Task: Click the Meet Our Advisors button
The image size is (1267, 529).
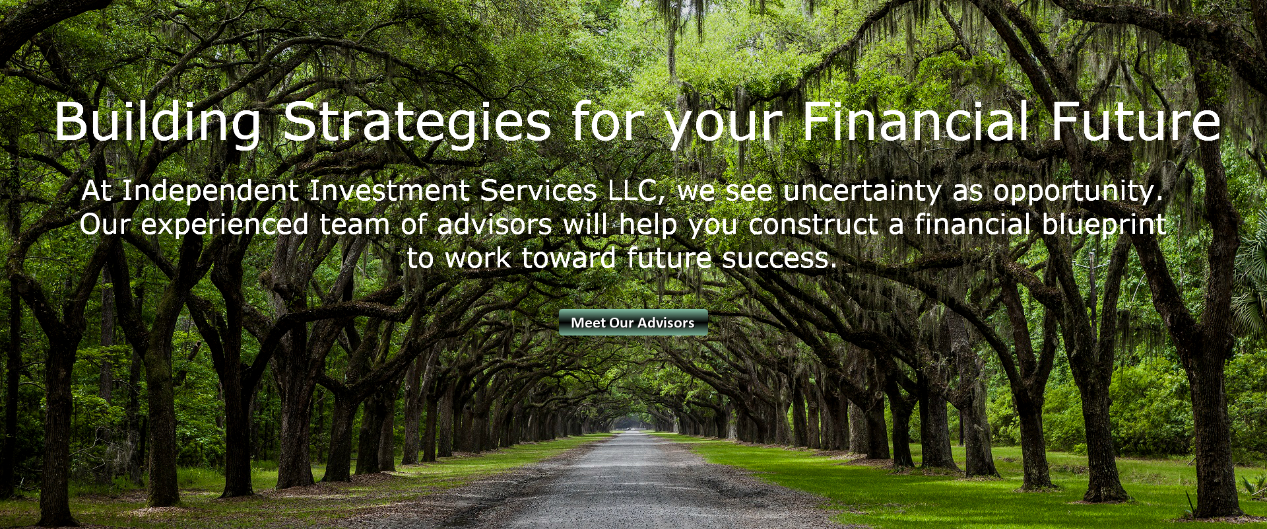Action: pyautogui.click(x=633, y=322)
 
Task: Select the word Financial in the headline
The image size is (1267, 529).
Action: pyautogui.click(x=915, y=121)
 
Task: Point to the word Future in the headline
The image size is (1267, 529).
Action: pyautogui.click(x=1136, y=121)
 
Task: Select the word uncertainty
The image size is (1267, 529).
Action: pyautogui.click(x=862, y=192)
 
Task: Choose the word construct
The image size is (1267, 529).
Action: pyautogui.click(x=813, y=225)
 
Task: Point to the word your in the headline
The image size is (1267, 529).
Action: pyautogui.click(x=723, y=125)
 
